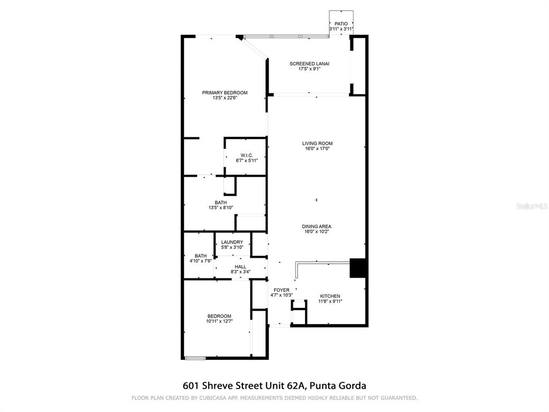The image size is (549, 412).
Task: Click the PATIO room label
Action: pos(341,24)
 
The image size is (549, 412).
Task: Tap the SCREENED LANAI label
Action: pos(309,64)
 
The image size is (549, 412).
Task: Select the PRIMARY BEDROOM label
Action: pos(225,93)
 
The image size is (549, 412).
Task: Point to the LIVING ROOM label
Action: pos(317,143)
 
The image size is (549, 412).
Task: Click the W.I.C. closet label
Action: pos(247,156)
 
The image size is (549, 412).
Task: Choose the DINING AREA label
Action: pos(316,227)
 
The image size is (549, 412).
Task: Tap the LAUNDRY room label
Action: pos(232,242)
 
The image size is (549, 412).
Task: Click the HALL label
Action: pos(240,267)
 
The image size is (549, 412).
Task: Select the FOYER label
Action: pos(281,290)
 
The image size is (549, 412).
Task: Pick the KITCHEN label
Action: pos(330,296)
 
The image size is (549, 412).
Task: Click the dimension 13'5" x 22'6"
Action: pos(225,98)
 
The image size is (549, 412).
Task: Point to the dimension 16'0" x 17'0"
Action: pos(317,149)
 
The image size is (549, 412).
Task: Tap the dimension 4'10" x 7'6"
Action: pos(201,261)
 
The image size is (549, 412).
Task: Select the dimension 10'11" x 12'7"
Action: pos(219,321)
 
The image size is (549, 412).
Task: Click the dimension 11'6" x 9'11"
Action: pos(330,301)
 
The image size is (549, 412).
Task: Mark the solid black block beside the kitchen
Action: pos(358,268)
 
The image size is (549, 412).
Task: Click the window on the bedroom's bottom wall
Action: pos(195,358)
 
